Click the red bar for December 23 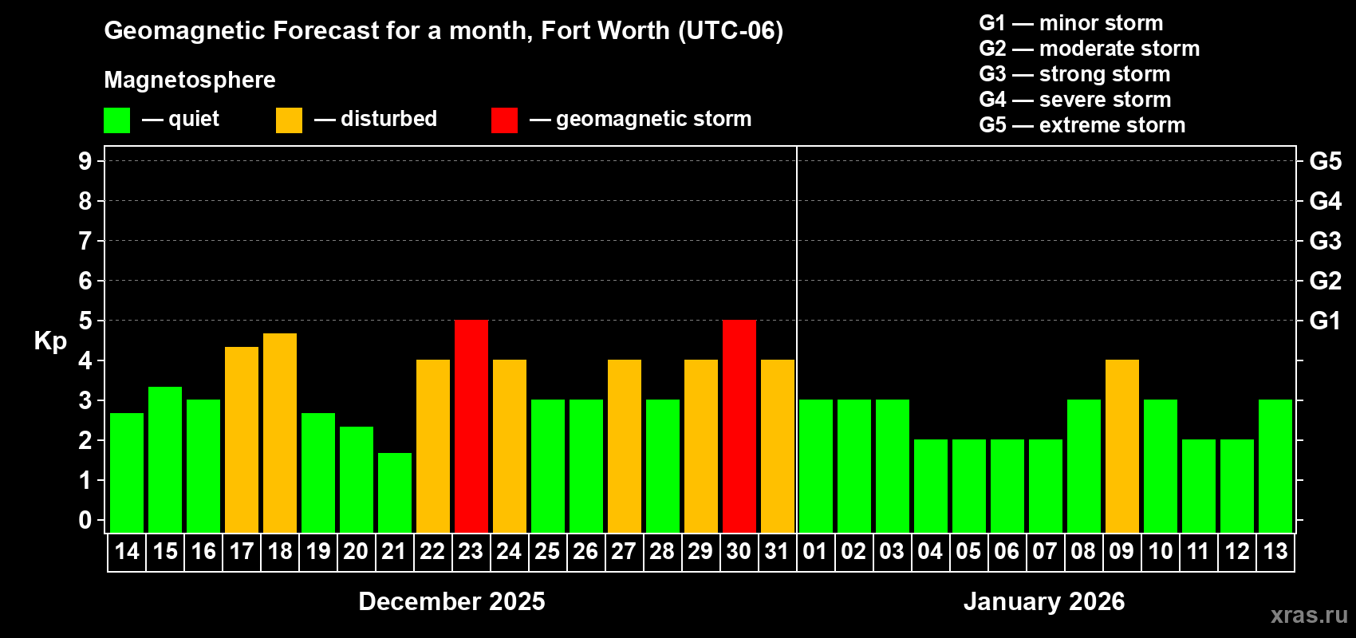[471, 426]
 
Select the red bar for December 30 [739, 426]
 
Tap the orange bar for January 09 [1122, 446]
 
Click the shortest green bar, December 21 [395, 492]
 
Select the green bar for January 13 [1275, 466]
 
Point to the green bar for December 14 [127, 472]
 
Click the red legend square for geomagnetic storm [504, 120]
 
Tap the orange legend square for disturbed [289, 120]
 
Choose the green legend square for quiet [116, 120]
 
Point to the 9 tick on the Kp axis [85, 161]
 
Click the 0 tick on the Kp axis [85, 521]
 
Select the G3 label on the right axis [1325, 241]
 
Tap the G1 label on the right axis [1325, 321]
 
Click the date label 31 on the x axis [777, 552]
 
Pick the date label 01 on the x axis [815, 552]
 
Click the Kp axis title [50, 341]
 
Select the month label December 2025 [451, 601]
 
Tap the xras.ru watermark [1309, 615]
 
